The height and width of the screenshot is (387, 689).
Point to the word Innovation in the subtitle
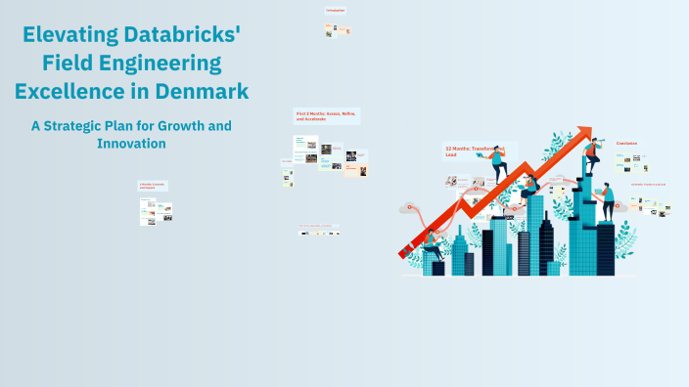click(x=131, y=144)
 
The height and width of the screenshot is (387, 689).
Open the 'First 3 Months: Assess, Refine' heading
click(x=327, y=115)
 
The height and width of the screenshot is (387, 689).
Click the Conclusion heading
click(x=626, y=144)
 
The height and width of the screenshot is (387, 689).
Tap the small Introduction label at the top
click(x=335, y=11)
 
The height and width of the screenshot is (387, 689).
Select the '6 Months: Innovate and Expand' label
click(x=153, y=185)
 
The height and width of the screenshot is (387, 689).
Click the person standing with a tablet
click(x=608, y=200)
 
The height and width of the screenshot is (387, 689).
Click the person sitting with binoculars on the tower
click(x=529, y=185)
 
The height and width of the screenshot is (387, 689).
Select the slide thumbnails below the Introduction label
click(x=338, y=30)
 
